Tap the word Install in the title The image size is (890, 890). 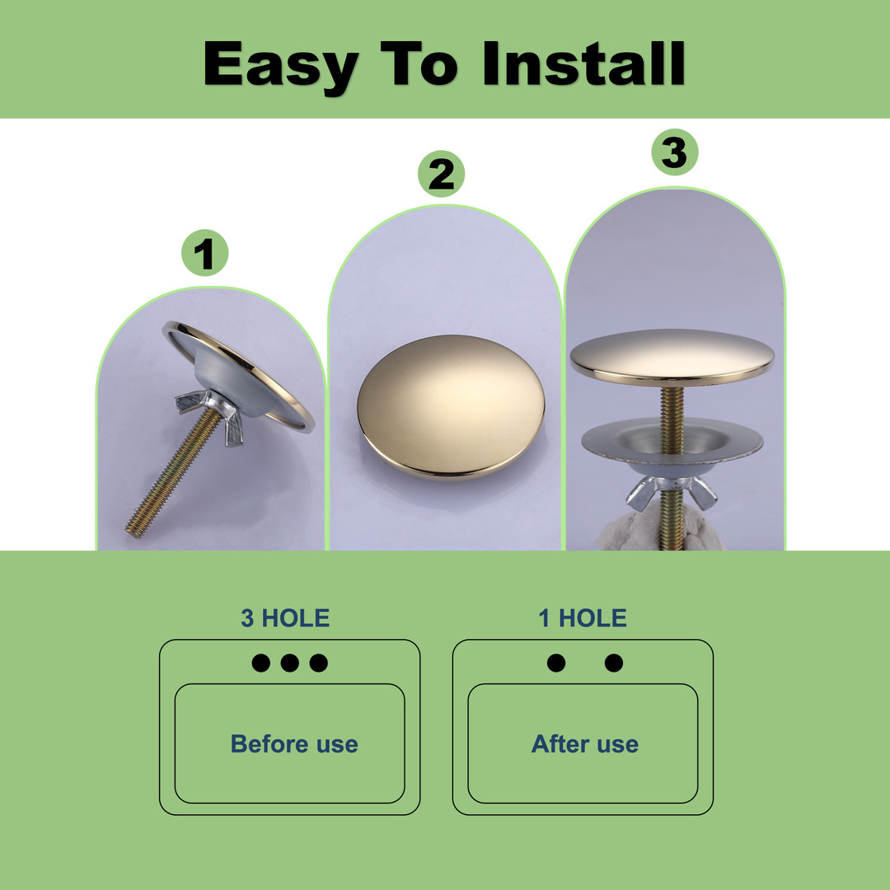(583, 63)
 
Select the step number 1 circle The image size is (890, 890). (205, 253)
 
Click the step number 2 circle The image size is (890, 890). (441, 174)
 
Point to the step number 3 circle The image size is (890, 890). (674, 152)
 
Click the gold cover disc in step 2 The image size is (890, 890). (451, 406)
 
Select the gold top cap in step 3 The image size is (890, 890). (672, 358)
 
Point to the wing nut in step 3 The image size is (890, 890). (672, 491)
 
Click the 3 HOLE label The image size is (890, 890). (285, 618)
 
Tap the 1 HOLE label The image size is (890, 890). (583, 618)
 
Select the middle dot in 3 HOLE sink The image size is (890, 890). (289, 663)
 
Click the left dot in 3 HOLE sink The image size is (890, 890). (260, 663)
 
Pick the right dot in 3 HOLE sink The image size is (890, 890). (318, 663)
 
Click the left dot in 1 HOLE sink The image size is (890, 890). (556, 663)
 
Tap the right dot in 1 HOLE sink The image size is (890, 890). (614, 663)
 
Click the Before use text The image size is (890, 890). (294, 744)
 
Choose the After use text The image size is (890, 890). (584, 744)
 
